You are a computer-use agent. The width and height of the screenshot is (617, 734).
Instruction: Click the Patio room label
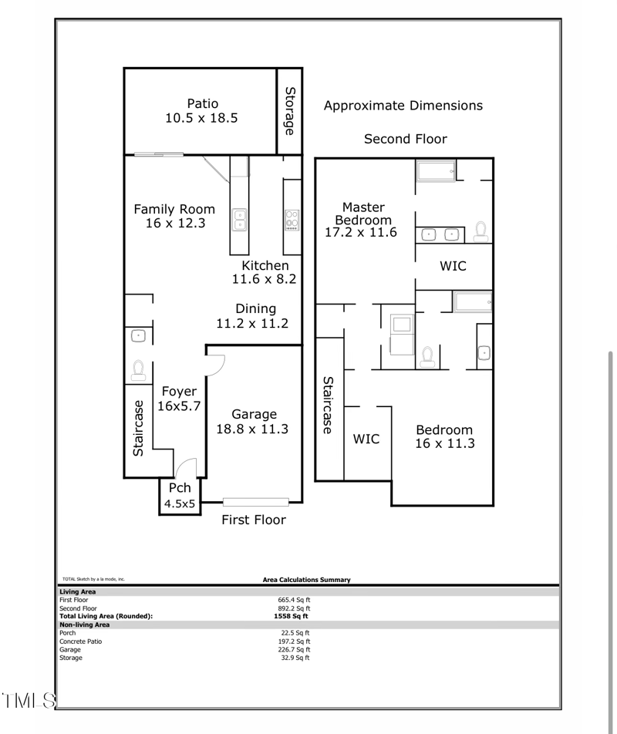coord(202,103)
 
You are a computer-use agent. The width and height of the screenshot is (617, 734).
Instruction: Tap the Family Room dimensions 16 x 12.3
coord(175,224)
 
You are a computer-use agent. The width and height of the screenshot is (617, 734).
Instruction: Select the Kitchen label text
coord(265,265)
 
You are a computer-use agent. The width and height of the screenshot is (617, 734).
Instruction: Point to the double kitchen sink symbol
coord(240,220)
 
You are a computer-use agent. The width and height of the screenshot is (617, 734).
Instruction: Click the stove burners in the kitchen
coord(292,220)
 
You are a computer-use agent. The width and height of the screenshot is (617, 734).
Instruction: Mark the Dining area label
coord(255,308)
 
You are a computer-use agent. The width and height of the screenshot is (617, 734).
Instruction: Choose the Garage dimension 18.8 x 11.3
coord(252,429)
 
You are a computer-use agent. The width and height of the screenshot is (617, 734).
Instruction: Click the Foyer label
coord(179,392)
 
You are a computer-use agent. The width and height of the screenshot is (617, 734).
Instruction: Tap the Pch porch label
coord(180,488)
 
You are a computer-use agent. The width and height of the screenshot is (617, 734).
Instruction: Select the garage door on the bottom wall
coord(256,502)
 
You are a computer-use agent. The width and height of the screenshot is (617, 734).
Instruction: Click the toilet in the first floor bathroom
coord(139,370)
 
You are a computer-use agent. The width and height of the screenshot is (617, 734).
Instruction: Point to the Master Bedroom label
coord(362,214)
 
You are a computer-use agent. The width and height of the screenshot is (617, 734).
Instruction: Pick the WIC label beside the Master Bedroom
coord(453,266)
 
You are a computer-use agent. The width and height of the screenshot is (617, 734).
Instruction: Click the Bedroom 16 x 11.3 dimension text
coord(444,443)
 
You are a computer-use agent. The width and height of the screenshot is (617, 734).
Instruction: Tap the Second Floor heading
coord(405,139)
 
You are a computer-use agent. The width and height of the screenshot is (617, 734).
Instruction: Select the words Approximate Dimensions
coord(403,106)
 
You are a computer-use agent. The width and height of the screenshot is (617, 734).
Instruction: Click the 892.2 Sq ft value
coord(294,608)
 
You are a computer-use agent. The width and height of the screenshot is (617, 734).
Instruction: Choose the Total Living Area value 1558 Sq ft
coord(291,616)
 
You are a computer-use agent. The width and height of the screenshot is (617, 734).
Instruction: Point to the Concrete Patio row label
coord(80,641)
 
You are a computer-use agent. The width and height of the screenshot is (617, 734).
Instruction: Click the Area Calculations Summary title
coord(306,580)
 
